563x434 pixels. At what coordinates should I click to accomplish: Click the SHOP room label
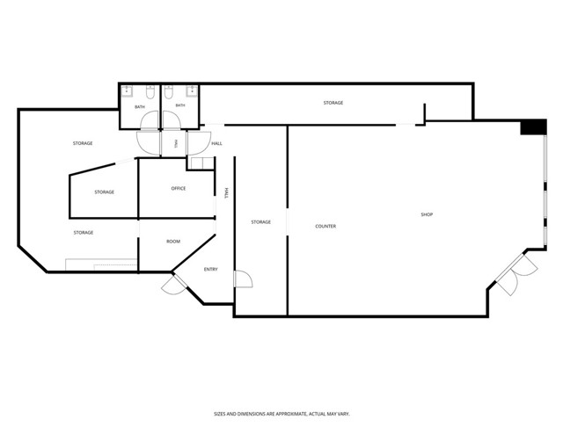pos(427,214)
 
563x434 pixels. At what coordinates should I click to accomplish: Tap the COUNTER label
pos(325,227)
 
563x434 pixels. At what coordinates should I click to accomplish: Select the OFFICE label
pos(179,188)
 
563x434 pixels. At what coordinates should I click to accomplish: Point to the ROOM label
pos(173,242)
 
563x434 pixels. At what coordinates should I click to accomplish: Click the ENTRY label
pos(211,270)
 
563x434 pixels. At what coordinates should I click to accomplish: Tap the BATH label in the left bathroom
pos(140,107)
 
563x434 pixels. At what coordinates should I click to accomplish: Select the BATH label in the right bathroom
pos(180,105)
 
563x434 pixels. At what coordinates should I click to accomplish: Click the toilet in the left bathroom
pos(150,92)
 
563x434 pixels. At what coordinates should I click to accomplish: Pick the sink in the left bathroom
pos(127,91)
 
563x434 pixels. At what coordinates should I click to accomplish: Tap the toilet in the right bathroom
pos(168,92)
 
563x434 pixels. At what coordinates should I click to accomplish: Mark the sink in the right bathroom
pos(192,91)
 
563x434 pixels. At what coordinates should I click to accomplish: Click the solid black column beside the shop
pos(534,127)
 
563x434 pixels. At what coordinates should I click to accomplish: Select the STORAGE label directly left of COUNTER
pos(261,222)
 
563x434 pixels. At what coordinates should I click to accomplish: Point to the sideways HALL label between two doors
pos(176,144)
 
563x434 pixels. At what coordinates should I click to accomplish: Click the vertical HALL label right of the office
pos(226,193)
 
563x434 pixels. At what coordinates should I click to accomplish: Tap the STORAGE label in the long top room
pos(333,103)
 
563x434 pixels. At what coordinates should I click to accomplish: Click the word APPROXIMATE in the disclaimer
pos(290,414)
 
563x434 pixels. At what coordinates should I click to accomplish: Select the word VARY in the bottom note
pos(344,414)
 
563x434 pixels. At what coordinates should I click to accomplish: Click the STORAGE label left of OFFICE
pos(104,192)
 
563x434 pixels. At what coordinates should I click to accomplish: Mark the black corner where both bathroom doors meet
pos(160,129)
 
